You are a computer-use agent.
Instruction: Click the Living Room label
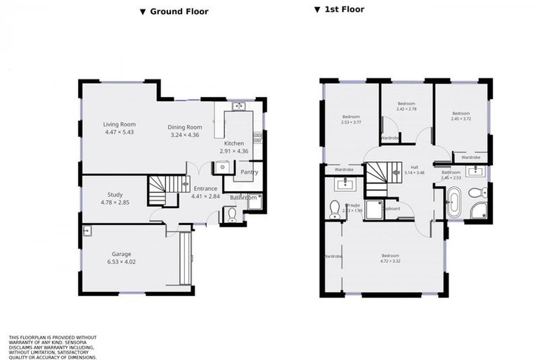pos(119,124)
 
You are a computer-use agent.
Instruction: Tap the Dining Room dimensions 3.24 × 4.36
pos(185,134)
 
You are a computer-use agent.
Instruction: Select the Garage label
pos(122,254)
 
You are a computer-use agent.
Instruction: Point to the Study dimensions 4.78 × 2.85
pos(115,202)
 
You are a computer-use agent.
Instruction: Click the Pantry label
pos(249,172)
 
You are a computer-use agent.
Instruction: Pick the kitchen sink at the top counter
pos(238,107)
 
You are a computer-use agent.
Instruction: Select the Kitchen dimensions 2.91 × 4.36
pos(233,151)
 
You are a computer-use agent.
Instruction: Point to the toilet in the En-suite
pos(335,210)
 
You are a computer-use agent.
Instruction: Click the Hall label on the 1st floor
pos(414,167)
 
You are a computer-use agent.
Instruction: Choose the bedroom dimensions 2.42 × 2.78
pos(406,109)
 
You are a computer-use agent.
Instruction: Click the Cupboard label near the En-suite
pos(392,209)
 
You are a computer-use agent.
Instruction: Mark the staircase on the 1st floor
pos(378,178)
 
